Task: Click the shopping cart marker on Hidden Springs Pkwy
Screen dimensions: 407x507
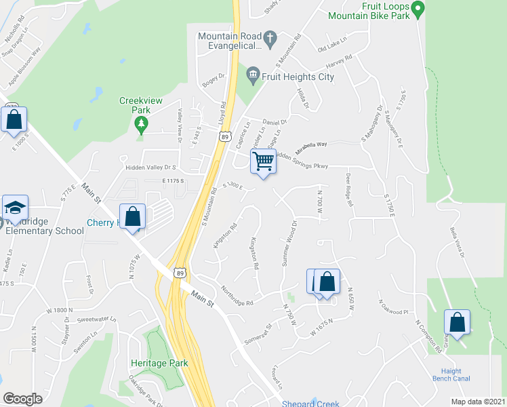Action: click(263, 162)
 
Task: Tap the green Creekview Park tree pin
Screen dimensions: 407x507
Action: click(141, 124)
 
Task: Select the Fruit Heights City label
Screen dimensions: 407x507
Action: click(299, 77)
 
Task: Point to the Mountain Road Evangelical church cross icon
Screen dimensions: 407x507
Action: click(270, 38)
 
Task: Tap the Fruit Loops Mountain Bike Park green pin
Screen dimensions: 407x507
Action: click(418, 9)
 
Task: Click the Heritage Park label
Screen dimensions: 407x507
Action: click(159, 363)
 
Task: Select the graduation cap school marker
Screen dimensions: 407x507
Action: click(14, 209)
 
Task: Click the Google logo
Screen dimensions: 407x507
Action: click(22, 399)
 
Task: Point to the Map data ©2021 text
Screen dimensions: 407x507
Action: click(477, 402)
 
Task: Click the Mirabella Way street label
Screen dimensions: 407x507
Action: click(311, 144)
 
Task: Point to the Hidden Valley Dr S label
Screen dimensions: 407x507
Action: click(150, 167)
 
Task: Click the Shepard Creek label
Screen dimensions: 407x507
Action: click(310, 404)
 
